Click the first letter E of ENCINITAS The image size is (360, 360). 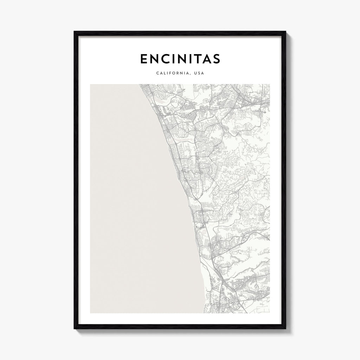(144, 59)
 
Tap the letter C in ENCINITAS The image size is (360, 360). (166, 59)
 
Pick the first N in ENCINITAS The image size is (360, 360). (154, 59)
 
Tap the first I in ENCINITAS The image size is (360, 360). (174, 59)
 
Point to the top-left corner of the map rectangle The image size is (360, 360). (90, 84)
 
